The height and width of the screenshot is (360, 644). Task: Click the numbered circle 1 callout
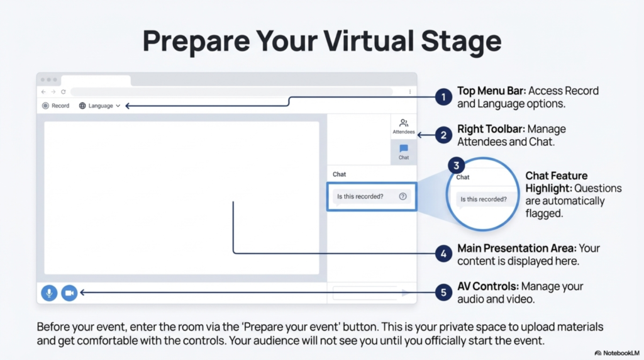click(x=444, y=97)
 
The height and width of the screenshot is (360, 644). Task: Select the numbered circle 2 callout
click(x=444, y=135)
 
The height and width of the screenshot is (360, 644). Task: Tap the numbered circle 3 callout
click(x=457, y=166)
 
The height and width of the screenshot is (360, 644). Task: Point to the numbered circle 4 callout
click(x=444, y=254)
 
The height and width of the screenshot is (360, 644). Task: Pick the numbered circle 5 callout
click(x=444, y=292)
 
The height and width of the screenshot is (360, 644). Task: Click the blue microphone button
click(x=49, y=293)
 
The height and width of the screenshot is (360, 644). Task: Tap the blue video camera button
click(x=69, y=293)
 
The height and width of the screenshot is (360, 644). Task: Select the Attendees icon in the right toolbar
click(x=404, y=126)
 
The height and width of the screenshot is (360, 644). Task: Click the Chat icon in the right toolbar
click(x=404, y=152)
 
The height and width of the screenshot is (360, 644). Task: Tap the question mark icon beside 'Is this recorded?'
click(x=402, y=196)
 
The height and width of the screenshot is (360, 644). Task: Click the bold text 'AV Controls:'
click(x=487, y=286)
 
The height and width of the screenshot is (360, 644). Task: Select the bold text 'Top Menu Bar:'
click(x=492, y=91)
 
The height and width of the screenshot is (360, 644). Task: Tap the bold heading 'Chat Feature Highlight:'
click(x=557, y=182)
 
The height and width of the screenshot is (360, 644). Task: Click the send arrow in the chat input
click(x=406, y=293)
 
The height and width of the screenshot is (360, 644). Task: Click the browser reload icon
click(x=64, y=92)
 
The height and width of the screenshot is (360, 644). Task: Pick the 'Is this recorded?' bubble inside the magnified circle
click(x=483, y=200)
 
